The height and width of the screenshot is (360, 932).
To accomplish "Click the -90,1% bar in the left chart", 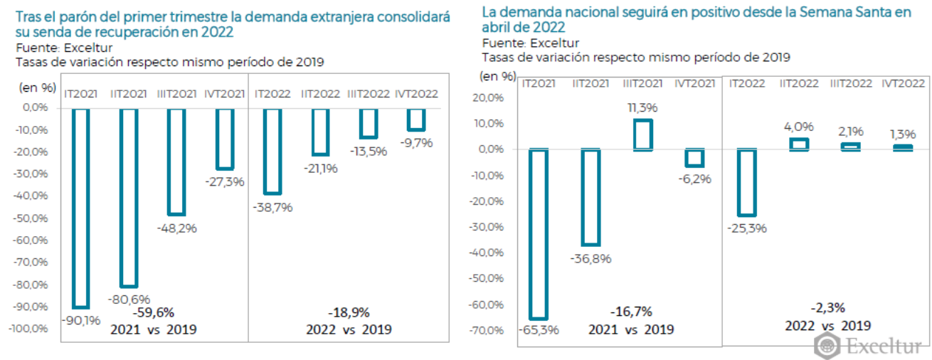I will tap(80, 208).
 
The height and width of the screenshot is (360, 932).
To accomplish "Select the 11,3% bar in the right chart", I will tap(643, 134).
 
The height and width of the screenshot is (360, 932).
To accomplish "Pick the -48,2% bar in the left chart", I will tap(176, 162).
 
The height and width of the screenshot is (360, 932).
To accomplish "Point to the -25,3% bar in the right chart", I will tap(746, 182).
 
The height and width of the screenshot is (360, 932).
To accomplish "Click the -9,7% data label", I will tap(417, 144).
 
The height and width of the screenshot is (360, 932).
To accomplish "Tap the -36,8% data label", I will tap(591, 259).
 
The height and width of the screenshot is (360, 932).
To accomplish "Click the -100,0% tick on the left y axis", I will tap(28, 329).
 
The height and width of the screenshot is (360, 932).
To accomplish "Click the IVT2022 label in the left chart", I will tap(415, 93).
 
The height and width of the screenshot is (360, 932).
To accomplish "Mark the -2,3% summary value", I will tap(827, 308).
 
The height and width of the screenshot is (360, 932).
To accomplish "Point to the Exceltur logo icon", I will tap(827, 346).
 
